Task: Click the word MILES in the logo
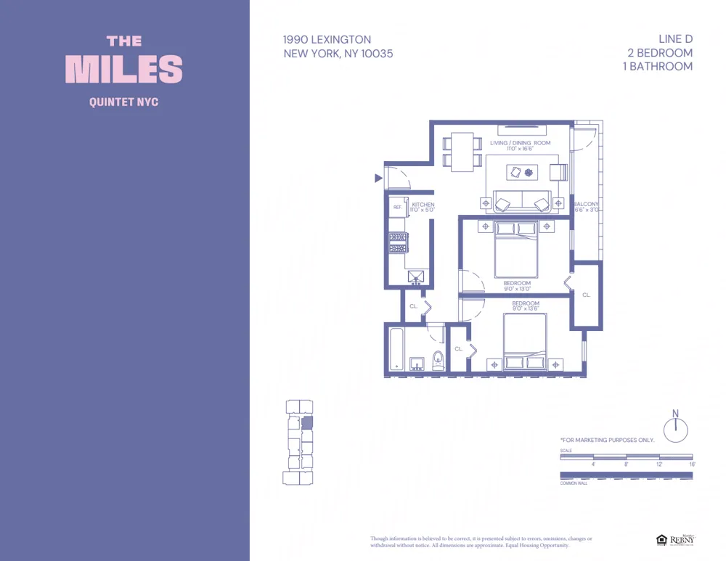(124, 69)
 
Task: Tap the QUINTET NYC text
(123, 102)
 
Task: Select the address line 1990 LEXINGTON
(327, 40)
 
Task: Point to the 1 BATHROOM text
(657, 66)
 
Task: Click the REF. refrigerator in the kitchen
(397, 208)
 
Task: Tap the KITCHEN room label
(423, 205)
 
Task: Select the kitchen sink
(417, 276)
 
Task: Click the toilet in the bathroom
(438, 360)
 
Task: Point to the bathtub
(396, 351)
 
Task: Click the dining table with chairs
(462, 151)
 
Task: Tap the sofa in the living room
(521, 202)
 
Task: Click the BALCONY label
(587, 205)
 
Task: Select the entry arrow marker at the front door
(378, 178)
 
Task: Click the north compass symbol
(675, 430)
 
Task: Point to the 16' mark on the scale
(692, 464)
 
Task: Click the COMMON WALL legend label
(574, 483)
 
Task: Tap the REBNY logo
(681, 539)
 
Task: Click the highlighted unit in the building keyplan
(306, 422)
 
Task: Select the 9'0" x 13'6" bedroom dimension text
(526, 308)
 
